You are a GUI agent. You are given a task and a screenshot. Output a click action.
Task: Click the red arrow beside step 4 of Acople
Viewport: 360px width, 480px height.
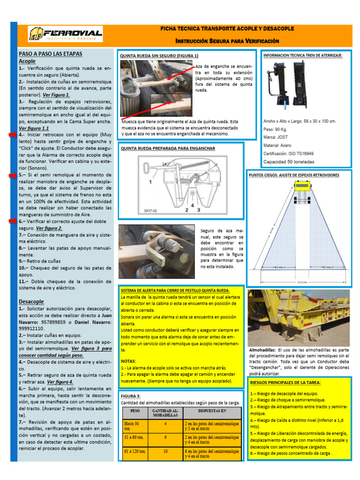[13, 135]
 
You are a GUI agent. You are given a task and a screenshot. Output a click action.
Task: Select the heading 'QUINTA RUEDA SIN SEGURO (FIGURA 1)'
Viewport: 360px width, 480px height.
[159, 56]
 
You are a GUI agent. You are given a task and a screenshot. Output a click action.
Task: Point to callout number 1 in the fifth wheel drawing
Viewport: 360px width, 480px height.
[150, 180]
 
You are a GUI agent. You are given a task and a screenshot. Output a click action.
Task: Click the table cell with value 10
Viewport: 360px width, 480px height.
[165, 452]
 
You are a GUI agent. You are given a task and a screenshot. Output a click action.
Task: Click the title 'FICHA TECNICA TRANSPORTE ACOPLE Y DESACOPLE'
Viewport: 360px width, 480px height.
[227, 29]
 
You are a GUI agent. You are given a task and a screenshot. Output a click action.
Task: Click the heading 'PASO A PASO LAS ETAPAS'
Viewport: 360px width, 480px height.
[50, 53]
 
